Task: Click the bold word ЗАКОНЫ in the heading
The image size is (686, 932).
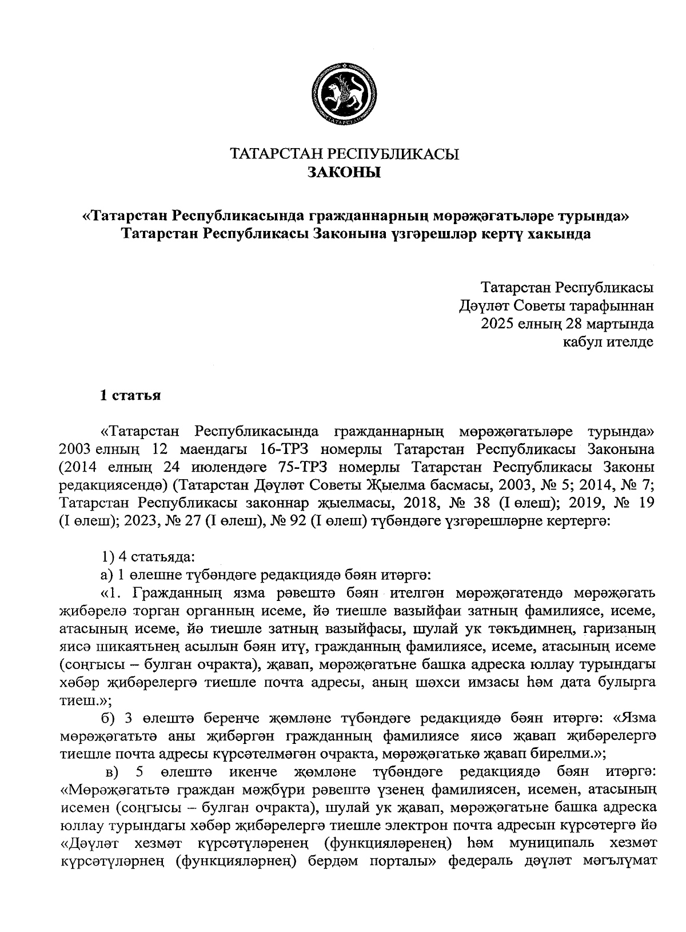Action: tap(344, 172)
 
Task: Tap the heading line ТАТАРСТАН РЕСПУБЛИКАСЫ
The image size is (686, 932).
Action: tap(344, 154)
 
